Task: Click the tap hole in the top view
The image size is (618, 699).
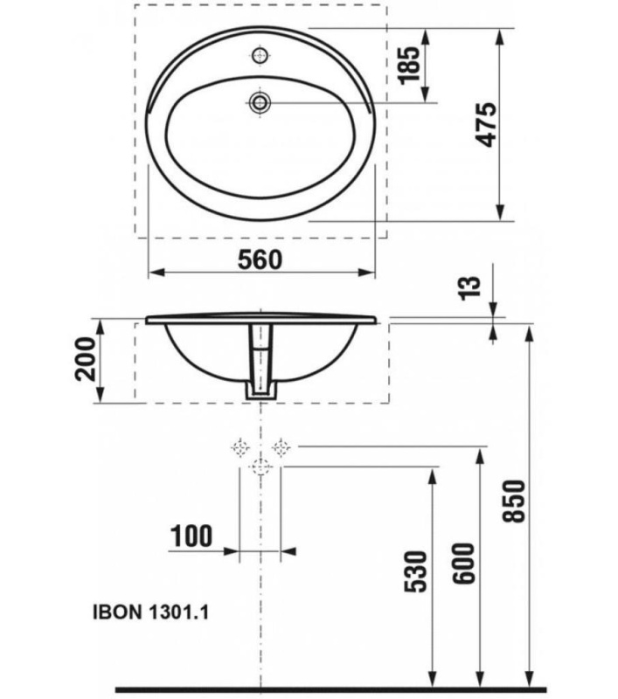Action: point(259,55)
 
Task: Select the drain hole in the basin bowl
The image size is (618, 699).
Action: point(259,101)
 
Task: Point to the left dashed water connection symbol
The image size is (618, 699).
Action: point(239,447)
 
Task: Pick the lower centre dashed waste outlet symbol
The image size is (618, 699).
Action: point(259,467)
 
